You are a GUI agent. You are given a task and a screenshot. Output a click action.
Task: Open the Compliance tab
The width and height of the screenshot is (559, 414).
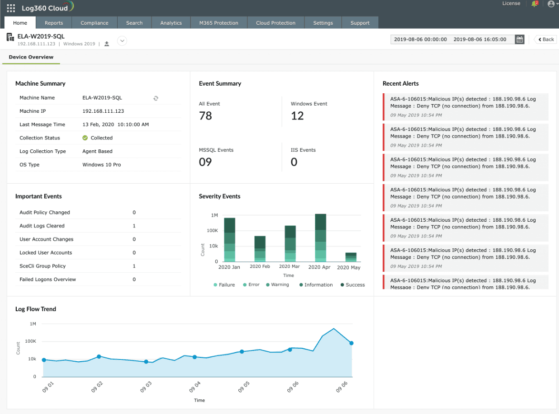click(x=94, y=23)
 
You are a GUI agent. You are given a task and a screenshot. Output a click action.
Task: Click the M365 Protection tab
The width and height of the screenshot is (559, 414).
click(x=219, y=23)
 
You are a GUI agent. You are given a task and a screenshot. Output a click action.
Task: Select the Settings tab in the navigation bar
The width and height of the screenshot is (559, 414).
click(x=323, y=23)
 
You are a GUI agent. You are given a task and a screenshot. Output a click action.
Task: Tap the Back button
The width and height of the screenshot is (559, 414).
click(x=546, y=39)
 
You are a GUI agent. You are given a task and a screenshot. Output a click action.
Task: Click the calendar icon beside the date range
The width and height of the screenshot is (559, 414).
click(x=519, y=39)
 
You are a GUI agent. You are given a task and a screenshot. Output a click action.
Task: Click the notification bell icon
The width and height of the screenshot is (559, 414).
click(x=534, y=4)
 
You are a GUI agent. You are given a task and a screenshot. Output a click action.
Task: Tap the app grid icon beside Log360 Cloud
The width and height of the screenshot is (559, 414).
click(x=11, y=8)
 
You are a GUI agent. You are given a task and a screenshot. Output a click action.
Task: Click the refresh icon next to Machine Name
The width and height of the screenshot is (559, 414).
click(x=156, y=98)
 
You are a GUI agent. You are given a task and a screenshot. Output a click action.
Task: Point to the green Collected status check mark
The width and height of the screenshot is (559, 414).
click(x=85, y=138)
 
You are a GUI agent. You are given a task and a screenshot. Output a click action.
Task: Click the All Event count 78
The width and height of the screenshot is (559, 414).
click(x=205, y=116)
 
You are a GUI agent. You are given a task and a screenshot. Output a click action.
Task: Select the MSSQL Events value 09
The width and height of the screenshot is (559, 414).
click(x=205, y=162)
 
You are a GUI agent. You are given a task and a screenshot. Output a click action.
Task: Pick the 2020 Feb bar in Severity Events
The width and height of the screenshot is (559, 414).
click(x=260, y=248)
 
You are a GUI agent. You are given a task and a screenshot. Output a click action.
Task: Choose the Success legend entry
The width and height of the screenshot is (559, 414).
click(x=353, y=285)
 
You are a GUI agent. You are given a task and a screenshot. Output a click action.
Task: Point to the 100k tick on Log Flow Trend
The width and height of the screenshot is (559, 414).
click(x=30, y=341)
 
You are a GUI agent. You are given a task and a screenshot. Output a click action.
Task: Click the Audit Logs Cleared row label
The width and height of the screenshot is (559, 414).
click(x=42, y=226)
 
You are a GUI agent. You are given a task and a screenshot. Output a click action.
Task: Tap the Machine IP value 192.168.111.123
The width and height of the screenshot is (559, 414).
click(x=103, y=111)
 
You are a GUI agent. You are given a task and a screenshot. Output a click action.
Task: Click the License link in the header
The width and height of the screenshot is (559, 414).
click(x=511, y=3)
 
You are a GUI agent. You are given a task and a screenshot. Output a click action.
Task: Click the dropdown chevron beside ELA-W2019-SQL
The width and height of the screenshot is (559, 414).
click(x=122, y=41)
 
